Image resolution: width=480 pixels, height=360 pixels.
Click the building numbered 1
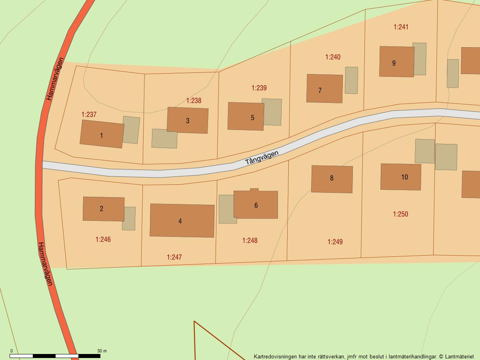click(102, 134)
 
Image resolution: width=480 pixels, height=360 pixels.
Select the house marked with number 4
click(182, 220)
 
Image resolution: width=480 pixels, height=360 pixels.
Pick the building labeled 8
click(332, 179)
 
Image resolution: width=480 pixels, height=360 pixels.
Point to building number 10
click(400, 177)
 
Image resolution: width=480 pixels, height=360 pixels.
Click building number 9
click(396, 62)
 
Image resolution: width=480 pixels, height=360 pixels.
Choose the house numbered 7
click(324, 88)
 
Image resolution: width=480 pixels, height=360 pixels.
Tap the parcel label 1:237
click(89, 114)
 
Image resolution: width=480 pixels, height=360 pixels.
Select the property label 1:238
click(194, 100)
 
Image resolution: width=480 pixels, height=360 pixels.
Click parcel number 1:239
click(259, 88)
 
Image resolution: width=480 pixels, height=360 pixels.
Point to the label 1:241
click(401, 27)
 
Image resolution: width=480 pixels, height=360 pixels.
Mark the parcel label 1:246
click(103, 239)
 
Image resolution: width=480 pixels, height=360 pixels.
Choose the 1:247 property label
click(174, 257)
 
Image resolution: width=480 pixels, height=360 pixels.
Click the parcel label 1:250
click(400, 214)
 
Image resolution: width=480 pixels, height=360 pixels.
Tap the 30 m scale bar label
click(102, 351)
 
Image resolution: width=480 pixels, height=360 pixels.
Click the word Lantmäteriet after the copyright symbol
click(459, 356)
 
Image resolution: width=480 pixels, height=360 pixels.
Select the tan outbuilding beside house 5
click(272, 112)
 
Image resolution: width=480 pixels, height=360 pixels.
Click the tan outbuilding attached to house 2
click(129, 218)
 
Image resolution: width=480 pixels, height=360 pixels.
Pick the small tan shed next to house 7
click(351, 80)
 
